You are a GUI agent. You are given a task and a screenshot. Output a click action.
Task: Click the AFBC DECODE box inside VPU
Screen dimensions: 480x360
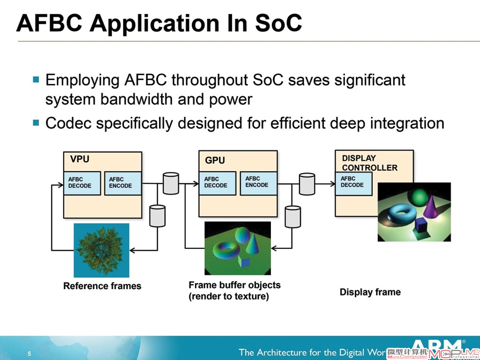(x=82, y=183)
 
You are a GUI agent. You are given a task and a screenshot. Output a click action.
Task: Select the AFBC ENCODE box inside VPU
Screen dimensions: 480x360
(x=123, y=183)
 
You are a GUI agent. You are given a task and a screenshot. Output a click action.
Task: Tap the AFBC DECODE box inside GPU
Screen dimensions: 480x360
(x=217, y=183)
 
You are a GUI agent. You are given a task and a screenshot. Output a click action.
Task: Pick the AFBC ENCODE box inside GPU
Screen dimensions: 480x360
(x=259, y=183)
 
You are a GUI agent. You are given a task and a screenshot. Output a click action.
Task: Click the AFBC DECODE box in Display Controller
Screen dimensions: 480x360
(x=353, y=183)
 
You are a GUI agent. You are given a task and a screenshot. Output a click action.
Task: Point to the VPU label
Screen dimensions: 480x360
(x=80, y=159)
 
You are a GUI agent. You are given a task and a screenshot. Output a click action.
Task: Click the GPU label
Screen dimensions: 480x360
(x=215, y=160)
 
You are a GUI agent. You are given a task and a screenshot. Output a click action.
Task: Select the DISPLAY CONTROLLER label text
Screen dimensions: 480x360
(x=369, y=163)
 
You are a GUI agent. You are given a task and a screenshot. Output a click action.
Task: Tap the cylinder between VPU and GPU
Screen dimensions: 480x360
(x=171, y=183)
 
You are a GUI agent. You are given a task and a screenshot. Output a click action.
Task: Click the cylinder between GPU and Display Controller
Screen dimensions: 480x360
(x=307, y=184)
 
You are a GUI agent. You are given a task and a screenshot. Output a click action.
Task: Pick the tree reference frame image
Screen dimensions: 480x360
(x=101, y=250)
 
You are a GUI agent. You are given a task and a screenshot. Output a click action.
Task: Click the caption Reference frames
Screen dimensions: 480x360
(x=102, y=286)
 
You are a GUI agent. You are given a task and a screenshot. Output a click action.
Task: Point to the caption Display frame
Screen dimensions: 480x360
(x=370, y=292)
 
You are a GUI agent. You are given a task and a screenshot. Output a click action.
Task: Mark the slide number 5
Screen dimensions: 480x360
(x=30, y=354)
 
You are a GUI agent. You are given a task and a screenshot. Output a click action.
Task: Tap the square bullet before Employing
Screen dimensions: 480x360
(x=36, y=80)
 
